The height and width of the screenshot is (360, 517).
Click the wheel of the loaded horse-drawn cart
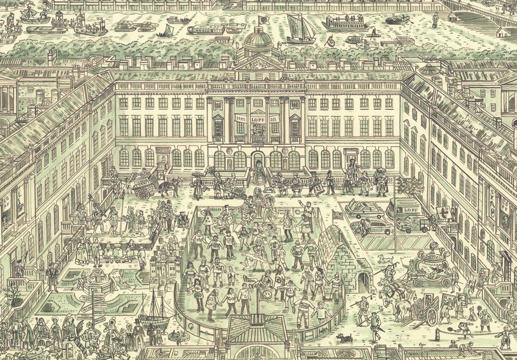[x=144, y=194]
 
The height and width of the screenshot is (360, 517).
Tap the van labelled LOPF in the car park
[x=404, y=209]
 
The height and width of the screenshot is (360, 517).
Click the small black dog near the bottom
[x=343, y=338]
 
